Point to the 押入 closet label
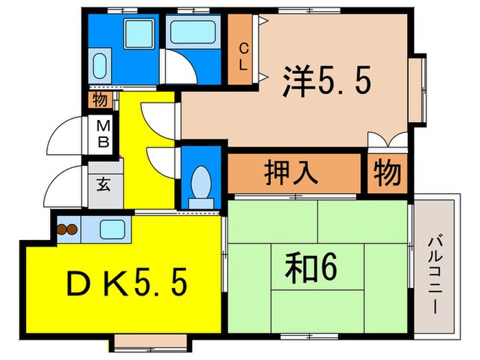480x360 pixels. [291, 173]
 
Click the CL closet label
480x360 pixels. [243, 52]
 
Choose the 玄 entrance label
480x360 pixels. [103, 184]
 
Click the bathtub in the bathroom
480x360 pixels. [193, 31]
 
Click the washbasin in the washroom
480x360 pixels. [99, 66]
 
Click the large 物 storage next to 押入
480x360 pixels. [387, 173]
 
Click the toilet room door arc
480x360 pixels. [161, 159]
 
